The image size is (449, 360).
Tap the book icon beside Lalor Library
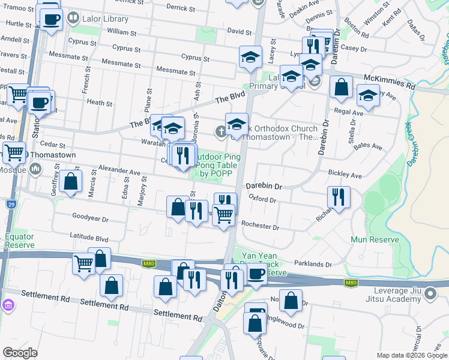tap(73, 19)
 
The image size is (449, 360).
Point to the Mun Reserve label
tap(375, 240)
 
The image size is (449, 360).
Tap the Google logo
tap(20, 353)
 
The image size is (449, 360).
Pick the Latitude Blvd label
tap(88, 237)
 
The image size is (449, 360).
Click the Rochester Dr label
tap(260, 227)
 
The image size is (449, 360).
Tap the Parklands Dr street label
tap(313, 264)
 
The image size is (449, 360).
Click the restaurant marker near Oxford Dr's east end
tap(339, 196)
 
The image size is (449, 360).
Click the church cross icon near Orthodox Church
tap(221, 130)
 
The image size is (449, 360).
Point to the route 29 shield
tap(11, 205)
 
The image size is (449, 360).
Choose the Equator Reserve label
tap(20, 241)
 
